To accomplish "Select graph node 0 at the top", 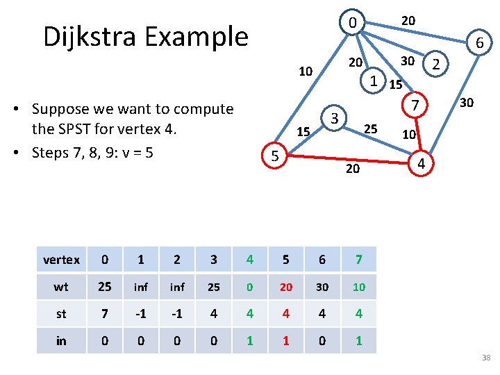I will pyautogui.click(x=353, y=23).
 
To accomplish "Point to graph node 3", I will pyautogui.click(x=334, y=119).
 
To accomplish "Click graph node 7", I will pyautogui.click(x=414, y=106).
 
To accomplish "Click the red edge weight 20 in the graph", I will pyautogui.click(x=353, y=169).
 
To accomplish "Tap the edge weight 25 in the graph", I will pyautogui.click(x=371, y=128).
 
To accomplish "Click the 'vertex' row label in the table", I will pyautogui.click(x=61, y=260).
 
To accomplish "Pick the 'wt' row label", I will pyautogui.click(x=61, y=287).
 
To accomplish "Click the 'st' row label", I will pyautogui.click(x=61, y=314).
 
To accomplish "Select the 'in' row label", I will pyautogui.click(x=61, y=340).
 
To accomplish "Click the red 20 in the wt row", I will pyautogui.click(x=285, y=287).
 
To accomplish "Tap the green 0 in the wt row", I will pyautogui.click(x=249, y=287).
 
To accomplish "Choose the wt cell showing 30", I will pyautogui.click(x=322, y=287).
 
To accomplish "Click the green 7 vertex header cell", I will pyautogui.click(x=358, y=260).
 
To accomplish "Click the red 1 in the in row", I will pyautogui.click(x=285, y=340).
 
